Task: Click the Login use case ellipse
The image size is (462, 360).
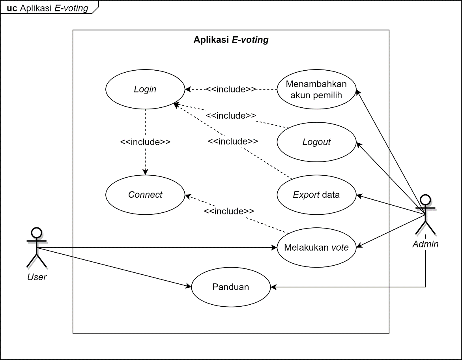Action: pyautogui.click(x=145, y=89)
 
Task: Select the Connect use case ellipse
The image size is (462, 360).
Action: pyautogui.click(x=145, y=195)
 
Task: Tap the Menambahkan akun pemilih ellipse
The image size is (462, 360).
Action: pyautogui.click(x=316, y=89)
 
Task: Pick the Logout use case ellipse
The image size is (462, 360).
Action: pyautogui.click(x=316, y=142)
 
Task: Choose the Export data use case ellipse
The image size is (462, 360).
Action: pyautogui.click(x=316, y=195)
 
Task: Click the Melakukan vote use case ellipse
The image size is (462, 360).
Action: pyautogui.click(x=316, y=247)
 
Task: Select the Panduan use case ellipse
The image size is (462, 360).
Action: pyautogui.click(x=231, y=287)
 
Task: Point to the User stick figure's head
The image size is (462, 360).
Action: pyautogui.click(x=36, y=232)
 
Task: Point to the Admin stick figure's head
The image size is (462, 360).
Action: pyautogui.click(x=425, y=199)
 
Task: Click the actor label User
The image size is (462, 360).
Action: pyautogui.click(x=37, y=277)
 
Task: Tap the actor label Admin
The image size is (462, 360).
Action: pyautogui.click(x=425, y=244)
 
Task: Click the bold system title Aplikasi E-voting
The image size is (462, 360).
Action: pyautogui.click(x=231, y=40)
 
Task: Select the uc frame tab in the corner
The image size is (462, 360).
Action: pyautogui.click(x=47, y=8)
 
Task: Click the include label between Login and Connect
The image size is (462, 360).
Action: pyautogui.click(x=145, y=142)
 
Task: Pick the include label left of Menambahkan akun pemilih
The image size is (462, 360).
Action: pyautogui.click(x=231, y=89)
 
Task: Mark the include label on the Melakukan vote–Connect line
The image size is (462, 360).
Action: pyautogui.click(x=229, y=211)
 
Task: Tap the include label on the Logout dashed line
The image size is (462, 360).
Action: pyautogui.click(x=231, y=116)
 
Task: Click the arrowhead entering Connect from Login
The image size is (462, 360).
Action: pyautogui.click(x=145, y=172)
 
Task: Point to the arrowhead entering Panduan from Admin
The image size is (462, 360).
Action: pyautogui.click(x=273, y=287)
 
